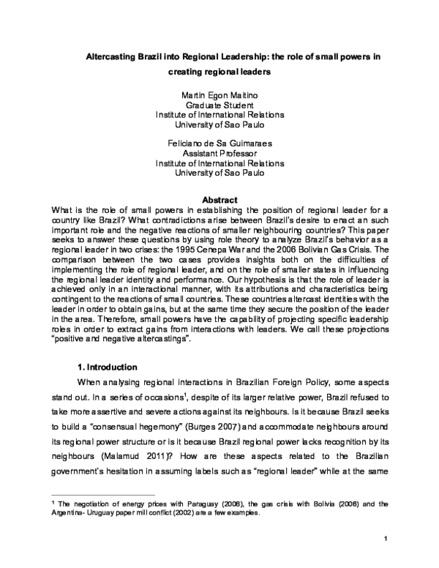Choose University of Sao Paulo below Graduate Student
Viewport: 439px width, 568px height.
pos(219,125)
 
